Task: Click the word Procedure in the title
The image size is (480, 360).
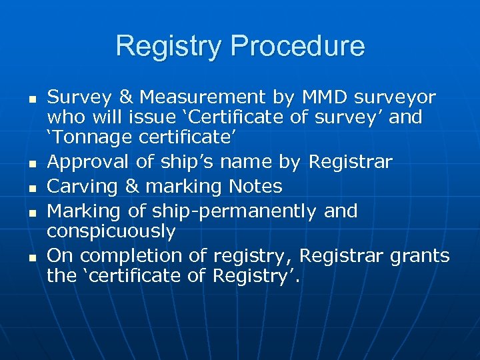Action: click(298, 47)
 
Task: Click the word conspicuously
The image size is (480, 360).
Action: click(111, 231)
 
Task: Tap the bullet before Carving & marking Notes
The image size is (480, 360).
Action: click(32, 187)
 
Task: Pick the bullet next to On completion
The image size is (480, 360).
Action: click(32, 256)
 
